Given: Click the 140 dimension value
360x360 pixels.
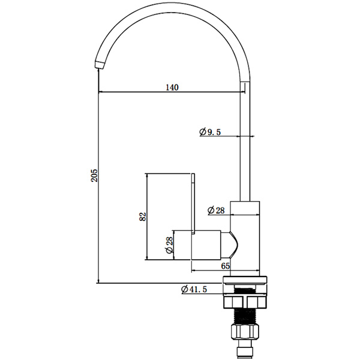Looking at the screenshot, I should coord(172,87).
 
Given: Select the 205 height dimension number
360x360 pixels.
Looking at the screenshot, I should coord(93,176).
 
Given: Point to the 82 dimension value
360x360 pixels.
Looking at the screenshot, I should coord(142,217).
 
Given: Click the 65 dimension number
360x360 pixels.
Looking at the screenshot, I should coord(226,265).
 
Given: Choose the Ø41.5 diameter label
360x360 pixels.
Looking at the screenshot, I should coord(194,290).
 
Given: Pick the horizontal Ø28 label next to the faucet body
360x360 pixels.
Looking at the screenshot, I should coord(215,210).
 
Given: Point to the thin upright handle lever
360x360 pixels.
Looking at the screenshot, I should coord(193,204).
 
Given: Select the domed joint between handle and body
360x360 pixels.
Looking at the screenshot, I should coord(233,244).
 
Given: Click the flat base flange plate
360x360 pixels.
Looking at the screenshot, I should coord(245,280).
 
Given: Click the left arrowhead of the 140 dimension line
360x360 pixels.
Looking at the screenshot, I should coord(100,92).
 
